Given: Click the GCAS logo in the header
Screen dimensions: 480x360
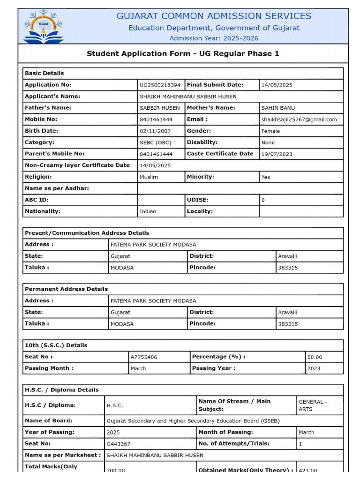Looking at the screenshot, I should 44,26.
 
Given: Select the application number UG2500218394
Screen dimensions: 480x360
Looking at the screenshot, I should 160,85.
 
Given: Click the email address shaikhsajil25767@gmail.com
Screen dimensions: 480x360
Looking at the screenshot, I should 299,120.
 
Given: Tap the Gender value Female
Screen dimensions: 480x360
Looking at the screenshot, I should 270,131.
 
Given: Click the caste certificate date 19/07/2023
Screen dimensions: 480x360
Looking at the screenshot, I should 277,154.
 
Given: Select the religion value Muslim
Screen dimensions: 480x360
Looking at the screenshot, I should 149,177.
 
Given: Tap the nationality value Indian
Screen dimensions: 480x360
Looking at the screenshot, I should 148,211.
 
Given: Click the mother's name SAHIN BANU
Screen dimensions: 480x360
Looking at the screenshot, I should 278,108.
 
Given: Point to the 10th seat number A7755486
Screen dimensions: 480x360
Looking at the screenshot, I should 144,357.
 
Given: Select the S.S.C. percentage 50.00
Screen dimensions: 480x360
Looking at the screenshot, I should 315,357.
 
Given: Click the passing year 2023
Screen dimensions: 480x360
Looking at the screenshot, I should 314,368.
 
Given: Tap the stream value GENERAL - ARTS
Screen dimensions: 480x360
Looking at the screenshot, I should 313,405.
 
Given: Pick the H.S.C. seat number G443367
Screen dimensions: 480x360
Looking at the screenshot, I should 119,444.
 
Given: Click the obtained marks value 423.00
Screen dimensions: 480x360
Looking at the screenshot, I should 307,471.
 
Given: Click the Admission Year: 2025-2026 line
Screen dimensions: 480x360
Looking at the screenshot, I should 214,38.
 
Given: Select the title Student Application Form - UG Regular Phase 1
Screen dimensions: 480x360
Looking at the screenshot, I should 183,53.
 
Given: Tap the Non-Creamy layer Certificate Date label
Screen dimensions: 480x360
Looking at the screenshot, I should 77,165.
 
